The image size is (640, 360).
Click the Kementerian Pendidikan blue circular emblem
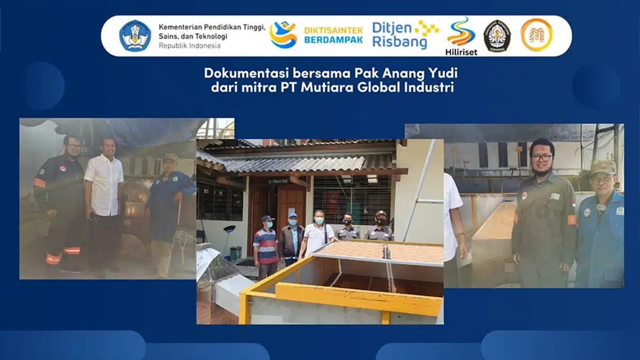point(135,36)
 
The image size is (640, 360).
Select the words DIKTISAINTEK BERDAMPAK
point(333,35)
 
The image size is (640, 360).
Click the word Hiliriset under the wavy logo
point(461,52)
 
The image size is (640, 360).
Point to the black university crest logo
point(497,35)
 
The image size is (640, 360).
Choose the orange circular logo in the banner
point(536,35)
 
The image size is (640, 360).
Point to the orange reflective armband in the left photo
point(39,182)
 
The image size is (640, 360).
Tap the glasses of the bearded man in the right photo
point(541,157)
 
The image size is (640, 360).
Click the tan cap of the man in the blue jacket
point(603,168)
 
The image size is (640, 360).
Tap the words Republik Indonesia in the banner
point(189,45)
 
